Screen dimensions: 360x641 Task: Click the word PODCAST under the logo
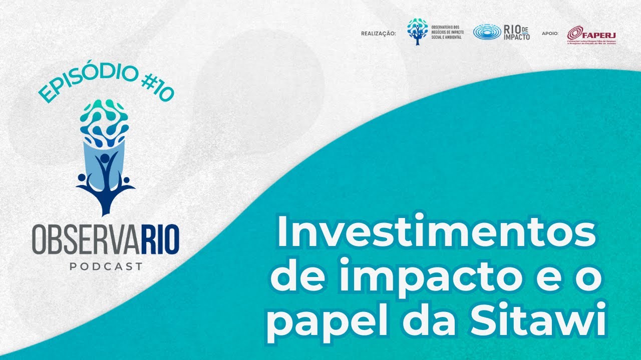pos(106,266)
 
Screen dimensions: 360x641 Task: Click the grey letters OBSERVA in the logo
pos(83,241)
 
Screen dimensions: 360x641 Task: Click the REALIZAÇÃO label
pos(378,34)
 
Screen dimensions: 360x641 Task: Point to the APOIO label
pos(550,34)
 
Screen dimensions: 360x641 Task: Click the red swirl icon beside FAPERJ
pos(574,33)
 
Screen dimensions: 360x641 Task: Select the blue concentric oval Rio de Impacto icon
pos(487,32)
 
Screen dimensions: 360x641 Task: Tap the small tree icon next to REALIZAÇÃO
pos(418,31)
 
